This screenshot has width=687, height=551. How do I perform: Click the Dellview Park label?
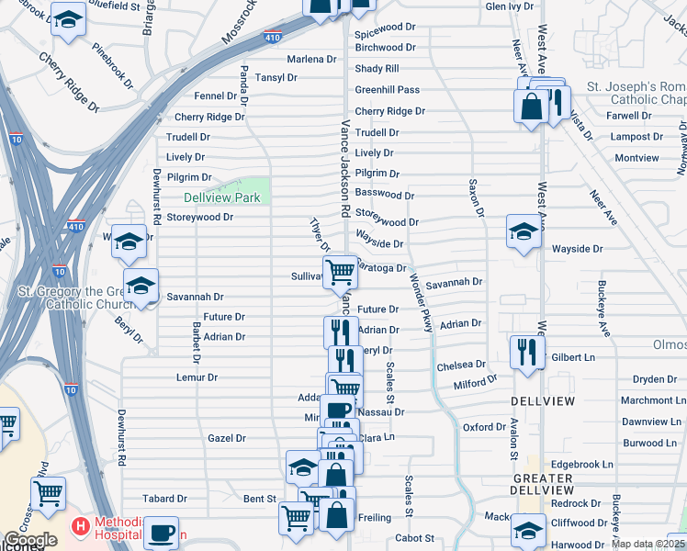(221, 197)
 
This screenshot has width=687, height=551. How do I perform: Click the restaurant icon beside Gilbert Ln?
(526, 351)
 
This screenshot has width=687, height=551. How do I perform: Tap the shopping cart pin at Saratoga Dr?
(340, 271)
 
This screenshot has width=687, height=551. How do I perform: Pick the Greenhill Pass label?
(387, 90)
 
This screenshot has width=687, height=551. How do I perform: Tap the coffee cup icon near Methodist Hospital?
(163, 532)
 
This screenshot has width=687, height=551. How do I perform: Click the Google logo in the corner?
(30, 540)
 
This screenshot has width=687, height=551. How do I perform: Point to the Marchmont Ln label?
(652, 400)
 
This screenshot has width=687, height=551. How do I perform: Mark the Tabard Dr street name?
(164, 499)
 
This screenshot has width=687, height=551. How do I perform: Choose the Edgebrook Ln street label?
(582, 465)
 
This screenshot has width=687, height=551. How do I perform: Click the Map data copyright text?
(648, 544)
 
